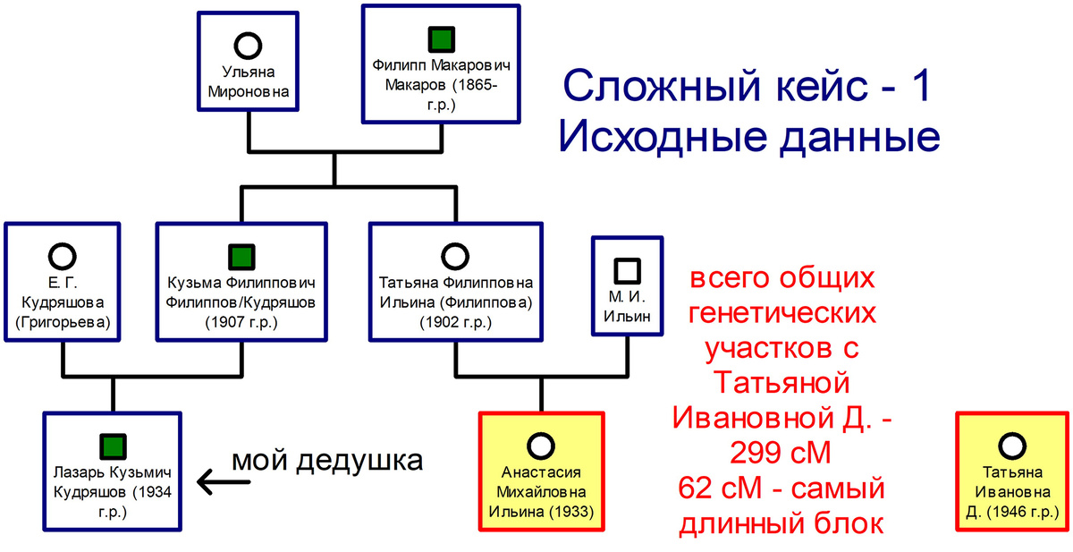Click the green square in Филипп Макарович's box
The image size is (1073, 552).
tap(440, 39)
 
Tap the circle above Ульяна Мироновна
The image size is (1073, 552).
tap(249, 44)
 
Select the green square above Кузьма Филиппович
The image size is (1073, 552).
tap(239, 257)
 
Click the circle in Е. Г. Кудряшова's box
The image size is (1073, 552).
tap(62, 258)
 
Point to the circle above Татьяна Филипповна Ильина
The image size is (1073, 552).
tap(455, 258)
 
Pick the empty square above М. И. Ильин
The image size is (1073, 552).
tap(627, 269)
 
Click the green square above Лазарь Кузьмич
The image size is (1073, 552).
tap(112, 445)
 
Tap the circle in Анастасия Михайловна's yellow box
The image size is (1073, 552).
tap(541, 445)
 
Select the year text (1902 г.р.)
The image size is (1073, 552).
tap(455, 321)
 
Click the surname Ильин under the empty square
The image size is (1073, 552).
tap(627, 316)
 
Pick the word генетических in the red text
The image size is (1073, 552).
tap(782, 315)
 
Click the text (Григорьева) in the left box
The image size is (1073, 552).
tap(62, 321)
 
